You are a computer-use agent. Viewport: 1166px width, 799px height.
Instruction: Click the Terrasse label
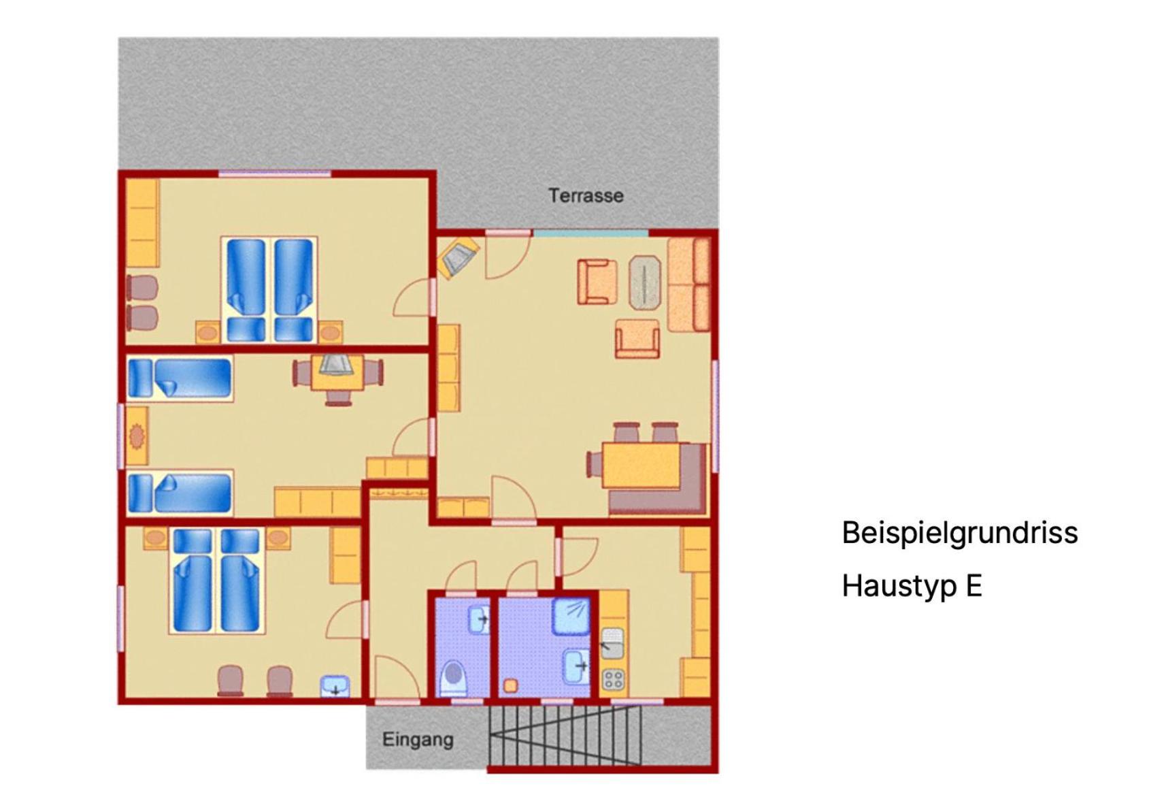click(x=586, y=196)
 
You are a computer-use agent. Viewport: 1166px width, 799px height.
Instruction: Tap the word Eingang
click(x=418, y=740)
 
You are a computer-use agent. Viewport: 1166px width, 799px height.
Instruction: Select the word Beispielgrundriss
click(x=960, y=533)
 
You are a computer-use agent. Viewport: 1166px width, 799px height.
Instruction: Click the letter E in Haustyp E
click(x=974, y=585)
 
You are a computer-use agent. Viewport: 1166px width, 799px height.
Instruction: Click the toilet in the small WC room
click(x=453, y=678)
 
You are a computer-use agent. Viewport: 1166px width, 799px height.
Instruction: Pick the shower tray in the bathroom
click(x=571, y=617)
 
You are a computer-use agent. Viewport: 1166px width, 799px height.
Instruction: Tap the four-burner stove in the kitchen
click(x=613, y=680)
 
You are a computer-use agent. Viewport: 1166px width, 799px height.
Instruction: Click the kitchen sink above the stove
click(x=613, y=642)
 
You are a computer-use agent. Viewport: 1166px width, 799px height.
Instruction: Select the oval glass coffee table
click(x=645, y=283)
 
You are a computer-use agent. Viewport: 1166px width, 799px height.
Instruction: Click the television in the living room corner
click(x=458, y=257)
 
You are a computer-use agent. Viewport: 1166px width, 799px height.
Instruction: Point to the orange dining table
click(x=642, y=465)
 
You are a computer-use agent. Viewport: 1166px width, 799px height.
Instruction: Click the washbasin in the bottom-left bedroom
click(x=335, y=686)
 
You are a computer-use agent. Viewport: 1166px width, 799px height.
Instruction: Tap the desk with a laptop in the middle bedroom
click(x=337, y=372)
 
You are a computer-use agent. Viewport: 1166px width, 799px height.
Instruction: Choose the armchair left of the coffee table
click(x=597, y=282)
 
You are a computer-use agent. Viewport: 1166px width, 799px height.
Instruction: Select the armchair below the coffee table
click(x=637, y=339)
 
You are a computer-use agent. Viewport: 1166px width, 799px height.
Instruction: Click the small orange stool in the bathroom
click(x=511, y=686)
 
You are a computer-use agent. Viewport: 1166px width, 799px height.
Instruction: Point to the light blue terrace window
click(x=590, y=233)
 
